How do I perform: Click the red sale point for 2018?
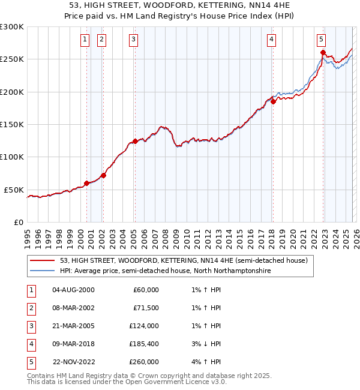click(x=273, y=101)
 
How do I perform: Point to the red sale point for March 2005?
click(x=135, y=141)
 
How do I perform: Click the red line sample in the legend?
click(x=43, y=260)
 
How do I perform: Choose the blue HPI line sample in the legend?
click(x=43, y=271)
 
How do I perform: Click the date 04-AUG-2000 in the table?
click(x=73, y=290)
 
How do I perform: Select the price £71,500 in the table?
click(x=145, y=308)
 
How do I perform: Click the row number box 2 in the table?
click(x=31, y=308)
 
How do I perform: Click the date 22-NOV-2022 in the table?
click(x=73, y=362)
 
